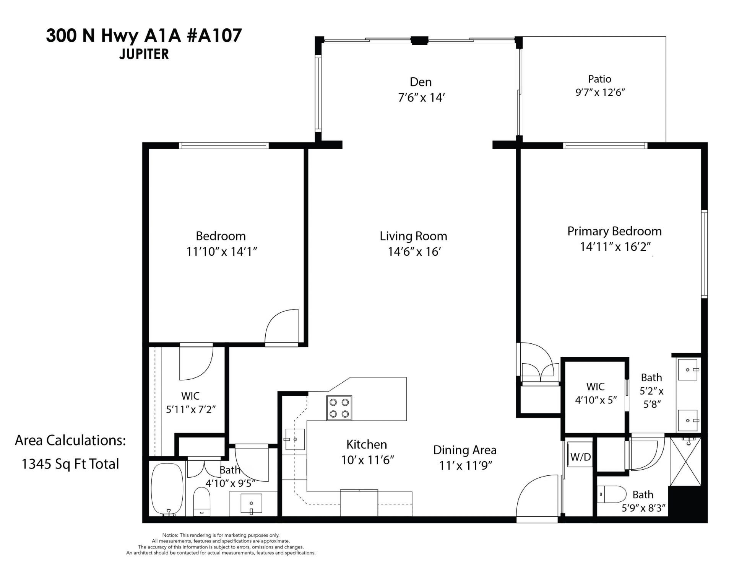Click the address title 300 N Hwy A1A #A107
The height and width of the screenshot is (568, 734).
click(x=144, y=36)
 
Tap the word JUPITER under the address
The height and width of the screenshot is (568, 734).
click(x=144, y=54)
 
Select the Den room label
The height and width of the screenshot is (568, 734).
click(x=421, y=82)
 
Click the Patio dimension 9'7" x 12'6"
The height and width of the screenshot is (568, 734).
click(x=600, y=93)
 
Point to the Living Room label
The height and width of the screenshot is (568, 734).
click(x=413, y=236)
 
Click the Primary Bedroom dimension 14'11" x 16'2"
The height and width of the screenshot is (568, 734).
click(x=615, y=247)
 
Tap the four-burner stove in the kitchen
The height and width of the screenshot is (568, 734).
click(x=339, y=408)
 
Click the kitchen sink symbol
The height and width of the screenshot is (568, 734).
click(x=295, y=439)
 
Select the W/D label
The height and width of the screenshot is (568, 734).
click(x=580, y=457)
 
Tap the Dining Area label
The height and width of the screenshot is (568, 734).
click(x=464, y=450)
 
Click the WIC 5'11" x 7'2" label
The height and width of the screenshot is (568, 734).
click(x=190, y=402)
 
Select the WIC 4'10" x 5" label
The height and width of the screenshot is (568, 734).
click(x=596, y=393)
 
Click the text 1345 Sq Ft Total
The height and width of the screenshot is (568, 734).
click(x=70, y=464)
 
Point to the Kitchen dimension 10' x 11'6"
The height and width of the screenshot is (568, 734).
click(x=367, y=460)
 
